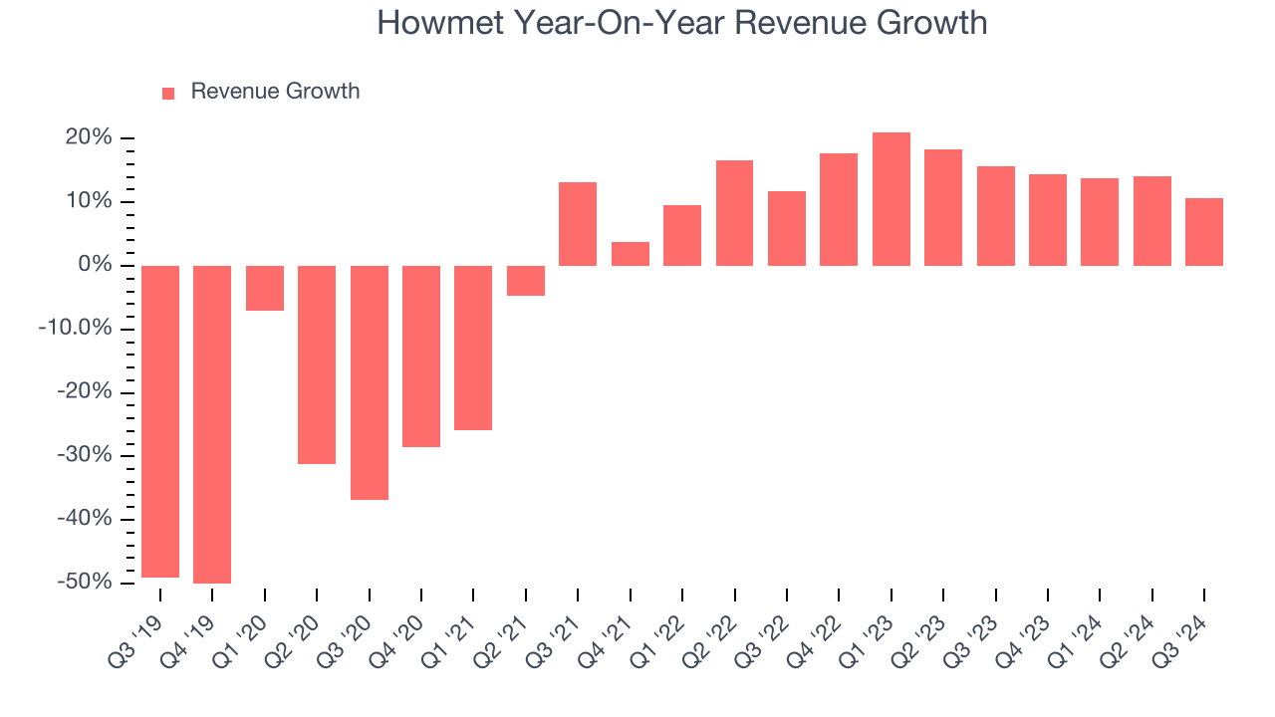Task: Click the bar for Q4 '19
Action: pos(212,424)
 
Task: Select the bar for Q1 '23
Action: pos(891,199)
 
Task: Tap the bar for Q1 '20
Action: pos(265,288)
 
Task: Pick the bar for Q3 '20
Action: pos(369,382)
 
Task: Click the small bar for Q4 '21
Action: pos(630,254)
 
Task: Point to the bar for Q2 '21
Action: pos(525,281)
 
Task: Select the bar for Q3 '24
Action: pos(1203,232)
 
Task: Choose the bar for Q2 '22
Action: pos(734,213)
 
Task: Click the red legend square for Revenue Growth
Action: pos(168,93)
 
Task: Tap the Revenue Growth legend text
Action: pos(275,92)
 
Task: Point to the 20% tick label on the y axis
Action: pos(89,137)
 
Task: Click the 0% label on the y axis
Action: pos(96,265)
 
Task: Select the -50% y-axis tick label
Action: pos(85,582)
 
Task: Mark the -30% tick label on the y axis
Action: pos(85,455)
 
